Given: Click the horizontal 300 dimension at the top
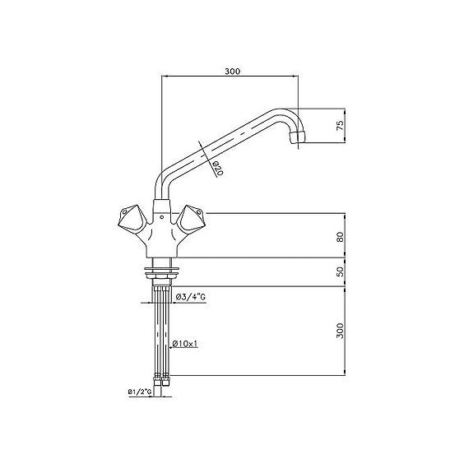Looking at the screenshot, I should [231, 72].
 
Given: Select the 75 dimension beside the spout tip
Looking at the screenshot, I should [339, 126].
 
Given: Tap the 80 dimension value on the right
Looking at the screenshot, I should [339, 237].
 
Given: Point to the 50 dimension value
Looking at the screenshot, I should [339, 272].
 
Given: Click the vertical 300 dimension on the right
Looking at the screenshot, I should [339, 331].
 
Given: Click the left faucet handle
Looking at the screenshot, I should [130, 218].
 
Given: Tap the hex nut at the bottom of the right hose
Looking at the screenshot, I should [170, 380].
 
